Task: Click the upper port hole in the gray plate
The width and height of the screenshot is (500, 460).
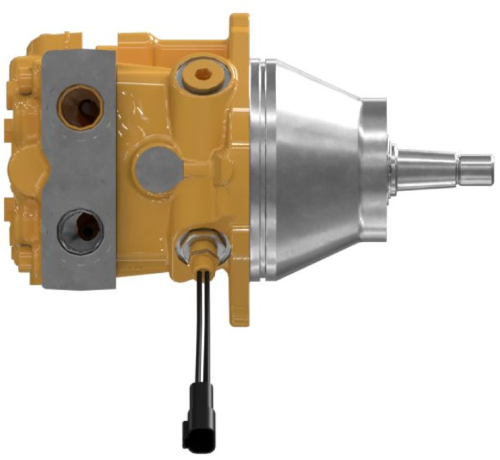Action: pyautogui.click(x=80, y=107)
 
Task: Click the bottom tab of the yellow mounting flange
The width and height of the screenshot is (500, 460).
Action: pyautogui.click(x=239, y=309)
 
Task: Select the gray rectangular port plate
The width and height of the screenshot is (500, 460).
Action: pyautogui.click(x=79, y=168)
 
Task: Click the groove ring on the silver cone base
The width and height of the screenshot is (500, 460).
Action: pyautogui.click(x=265, y=168)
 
